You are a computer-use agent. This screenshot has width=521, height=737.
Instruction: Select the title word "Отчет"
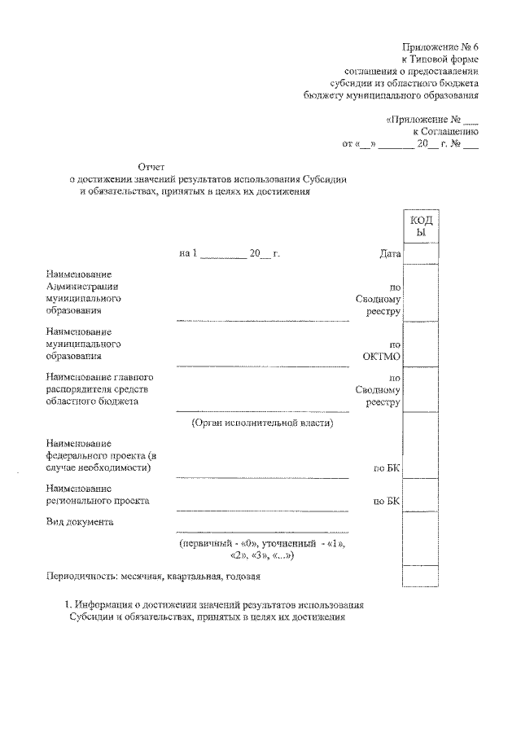tap(151, 166)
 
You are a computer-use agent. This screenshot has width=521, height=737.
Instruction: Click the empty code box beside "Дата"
tap(420, 254)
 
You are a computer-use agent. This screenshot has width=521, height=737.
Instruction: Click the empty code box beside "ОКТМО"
tap(420, 344)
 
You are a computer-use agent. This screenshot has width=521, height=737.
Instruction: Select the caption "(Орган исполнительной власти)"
tap(262, 423)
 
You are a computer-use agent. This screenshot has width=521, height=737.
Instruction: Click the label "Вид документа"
tap(80, 521)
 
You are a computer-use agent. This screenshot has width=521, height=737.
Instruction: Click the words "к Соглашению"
tap(445, 130)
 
